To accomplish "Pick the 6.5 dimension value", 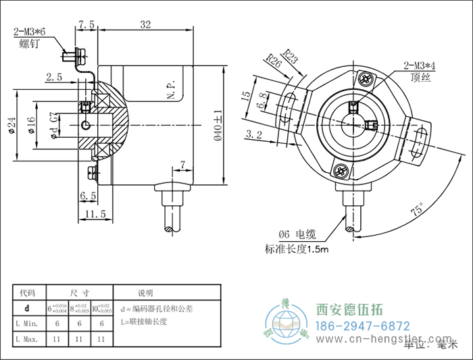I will [x=88, y=195].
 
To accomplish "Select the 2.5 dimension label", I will [x=55, y=78].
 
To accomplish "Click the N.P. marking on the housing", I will [x=171, y=89].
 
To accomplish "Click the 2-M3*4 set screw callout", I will [x=419, y=66].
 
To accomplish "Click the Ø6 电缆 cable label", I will [x=297, y=235].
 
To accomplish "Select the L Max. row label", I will [x=30, y=337].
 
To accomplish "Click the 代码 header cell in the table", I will [x=30, y=293].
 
